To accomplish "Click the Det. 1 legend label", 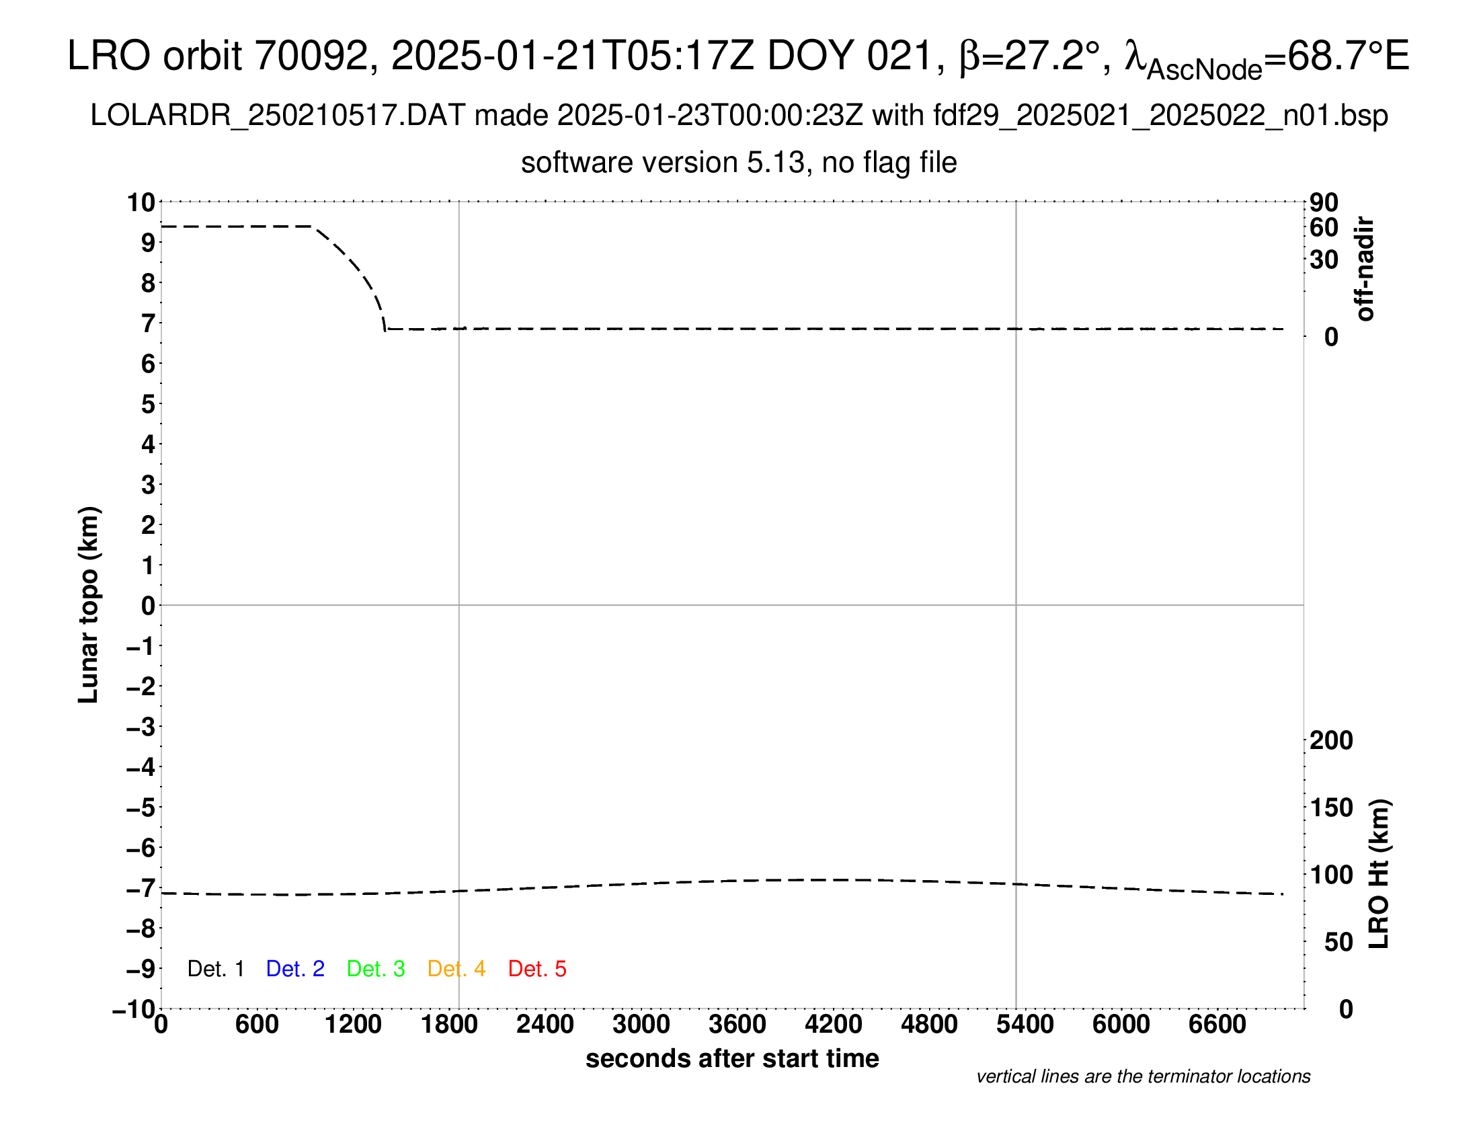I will (215, 969).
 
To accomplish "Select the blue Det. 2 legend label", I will (295, 969).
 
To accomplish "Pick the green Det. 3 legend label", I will (376, 969).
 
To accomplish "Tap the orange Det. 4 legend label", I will (456, 969).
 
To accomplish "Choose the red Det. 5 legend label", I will (537, 969).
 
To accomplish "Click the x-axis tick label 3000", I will (641, 1025).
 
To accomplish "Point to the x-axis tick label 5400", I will (1025, 1025).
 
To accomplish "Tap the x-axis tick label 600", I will (257, 1025).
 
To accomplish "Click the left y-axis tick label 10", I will (142, 202).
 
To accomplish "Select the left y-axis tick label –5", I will (142, 807).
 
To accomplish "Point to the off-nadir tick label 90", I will (1324, 202).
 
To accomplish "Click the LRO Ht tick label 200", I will (1331, 740).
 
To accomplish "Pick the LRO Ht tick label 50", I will (1338, 942).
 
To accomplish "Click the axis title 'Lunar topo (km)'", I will (89, 604).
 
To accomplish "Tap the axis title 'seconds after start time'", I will (732, 1059).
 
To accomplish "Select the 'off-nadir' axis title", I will (1365, 269).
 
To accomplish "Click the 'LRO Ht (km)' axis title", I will (1379, 874).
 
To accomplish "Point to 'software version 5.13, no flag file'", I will (739, 163).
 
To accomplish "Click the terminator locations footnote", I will (1143, 1076).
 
